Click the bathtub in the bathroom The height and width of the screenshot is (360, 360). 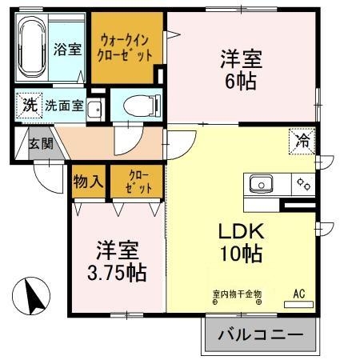click(33, 49)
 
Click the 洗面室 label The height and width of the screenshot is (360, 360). click(63, 106)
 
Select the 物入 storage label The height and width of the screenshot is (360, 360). click(88, 182)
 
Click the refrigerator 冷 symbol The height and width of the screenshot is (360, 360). click(304, 141)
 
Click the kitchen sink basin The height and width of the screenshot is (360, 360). click(262, 185)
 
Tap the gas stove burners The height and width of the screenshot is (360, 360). click(303, 185)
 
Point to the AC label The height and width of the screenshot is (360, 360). click(299, 293)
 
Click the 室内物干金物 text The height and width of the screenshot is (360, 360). click(237, 293)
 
